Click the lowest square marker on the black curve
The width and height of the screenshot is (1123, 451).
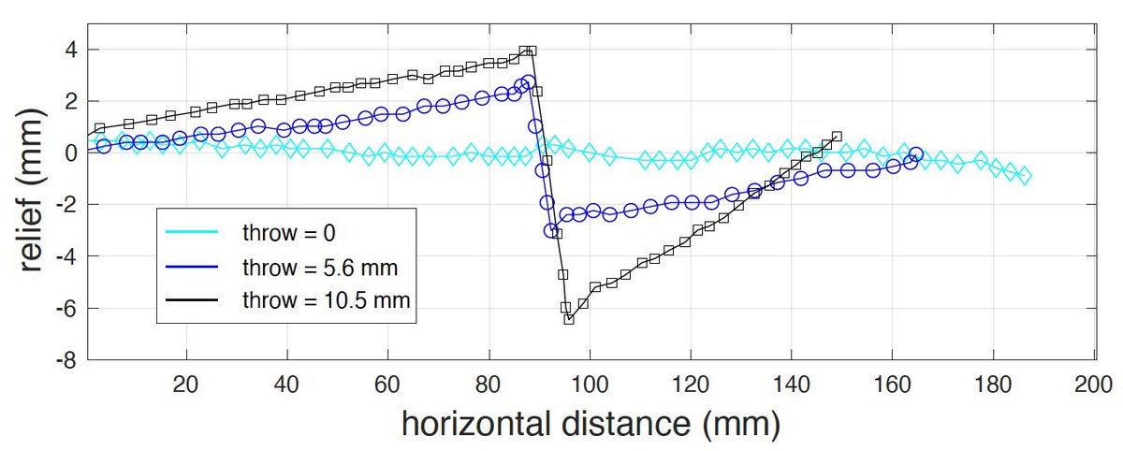pos(569,319)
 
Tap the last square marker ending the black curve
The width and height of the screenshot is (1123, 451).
pos(837,137)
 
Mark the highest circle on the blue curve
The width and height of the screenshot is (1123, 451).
pos(529,82)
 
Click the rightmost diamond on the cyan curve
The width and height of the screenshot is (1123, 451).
pos(1024,176)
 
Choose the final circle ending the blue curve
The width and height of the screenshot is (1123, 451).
pos(916,154)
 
